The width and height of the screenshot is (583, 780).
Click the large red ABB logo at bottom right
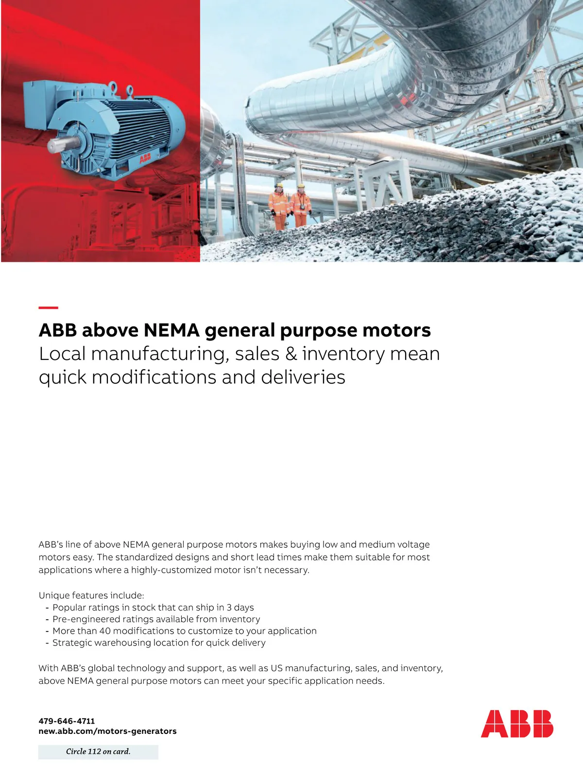517,723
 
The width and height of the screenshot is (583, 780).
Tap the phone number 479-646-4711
67,721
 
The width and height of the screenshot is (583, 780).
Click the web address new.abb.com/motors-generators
107,731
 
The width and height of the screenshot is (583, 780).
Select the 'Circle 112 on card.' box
98,751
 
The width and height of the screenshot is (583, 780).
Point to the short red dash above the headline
48,307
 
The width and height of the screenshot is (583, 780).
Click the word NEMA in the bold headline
171,330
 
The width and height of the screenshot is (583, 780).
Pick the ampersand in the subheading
291,354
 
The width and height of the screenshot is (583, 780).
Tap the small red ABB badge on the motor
145,158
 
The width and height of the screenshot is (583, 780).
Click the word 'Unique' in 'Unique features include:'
54,595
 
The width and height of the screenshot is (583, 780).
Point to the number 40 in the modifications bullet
105,631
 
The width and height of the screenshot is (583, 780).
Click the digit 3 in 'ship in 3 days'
229,608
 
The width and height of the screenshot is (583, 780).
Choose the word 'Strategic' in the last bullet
72,643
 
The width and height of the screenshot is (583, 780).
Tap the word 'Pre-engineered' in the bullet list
83,619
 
